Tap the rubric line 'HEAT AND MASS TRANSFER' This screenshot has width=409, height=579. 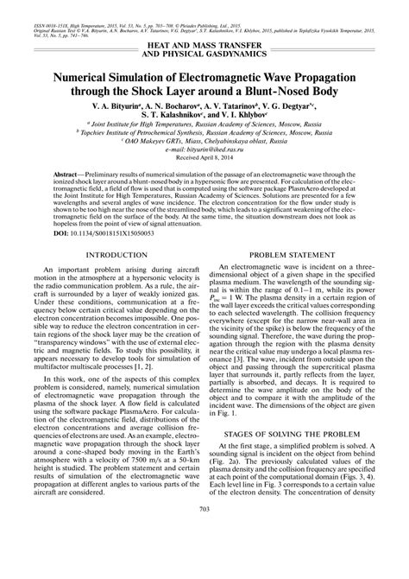coord(204,43)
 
